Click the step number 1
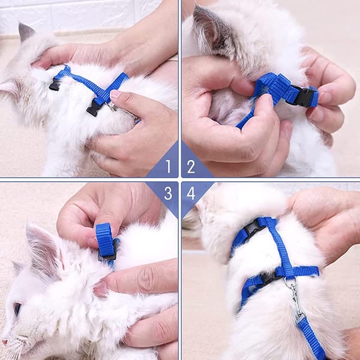pyautogui.click(x=169, y=166)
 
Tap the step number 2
pyautogui.click(x=191, y=166)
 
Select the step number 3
pyautogui.click(x=168, y=193)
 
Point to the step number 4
pyautogui.click(x=191, y=193)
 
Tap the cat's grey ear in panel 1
pyautogui.click(x=26, y=32)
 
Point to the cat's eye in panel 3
pyautogui.click(x=17, y=309)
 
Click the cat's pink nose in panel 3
pyautogui.click(x=4, y=341)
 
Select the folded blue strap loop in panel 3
pyautogui.click(x=104, y=239)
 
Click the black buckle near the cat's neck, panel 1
pyautogui.click(x=55, y=84)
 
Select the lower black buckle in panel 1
pyautogui.click(x=94, y=109)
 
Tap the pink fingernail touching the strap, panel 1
pyautogui.click(x=115, y=95)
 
